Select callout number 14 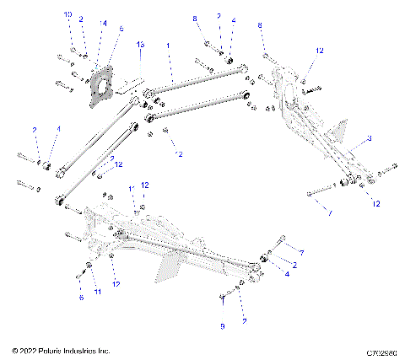(103, 24)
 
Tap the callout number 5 (121, 30)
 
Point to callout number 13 (141, 43)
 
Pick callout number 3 (368, 137)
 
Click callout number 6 (82, 298)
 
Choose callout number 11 (97, 291)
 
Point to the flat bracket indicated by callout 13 (127, 84)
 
